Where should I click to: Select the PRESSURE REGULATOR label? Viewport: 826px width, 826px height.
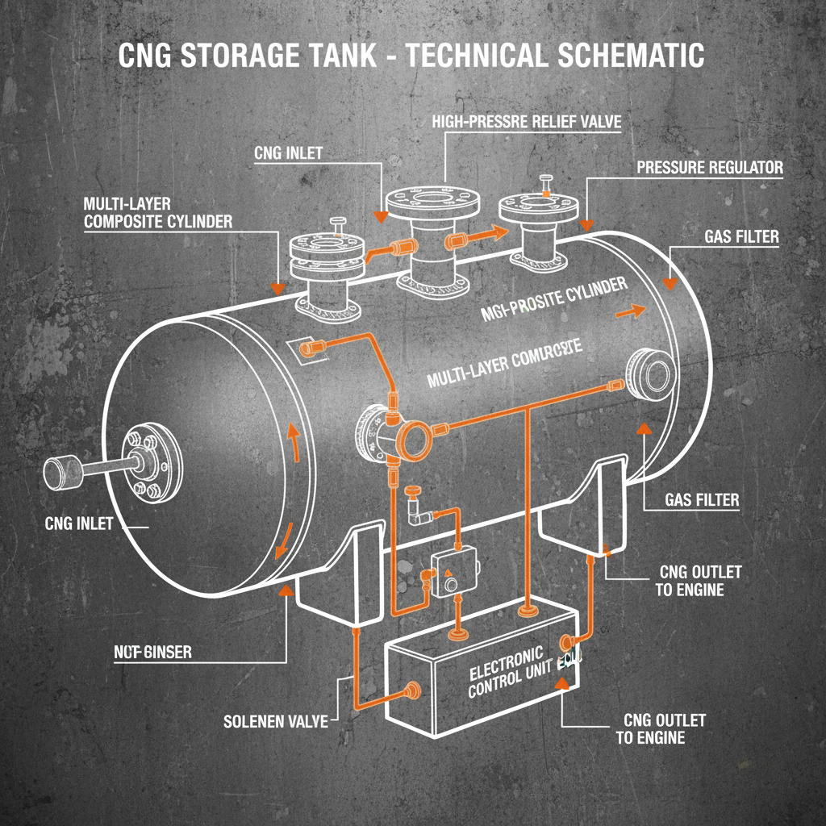click(710, 168)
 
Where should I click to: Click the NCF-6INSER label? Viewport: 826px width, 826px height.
click(152, 651)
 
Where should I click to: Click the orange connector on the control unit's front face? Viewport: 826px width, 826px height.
click(414, 690)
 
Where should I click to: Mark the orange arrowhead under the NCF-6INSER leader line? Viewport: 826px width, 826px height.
click(284, 592)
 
